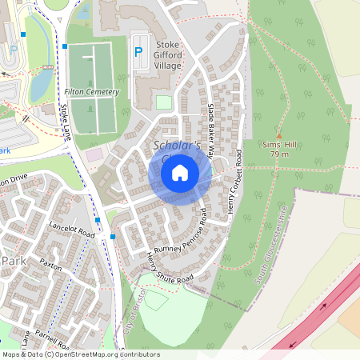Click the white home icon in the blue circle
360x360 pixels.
point(180,172)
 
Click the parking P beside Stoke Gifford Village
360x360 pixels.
point(138,52)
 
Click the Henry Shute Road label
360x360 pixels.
point(170,269)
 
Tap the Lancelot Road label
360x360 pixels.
point(71,230)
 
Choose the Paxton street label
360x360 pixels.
point(50,265)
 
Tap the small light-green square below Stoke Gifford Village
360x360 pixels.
point(163,102)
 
